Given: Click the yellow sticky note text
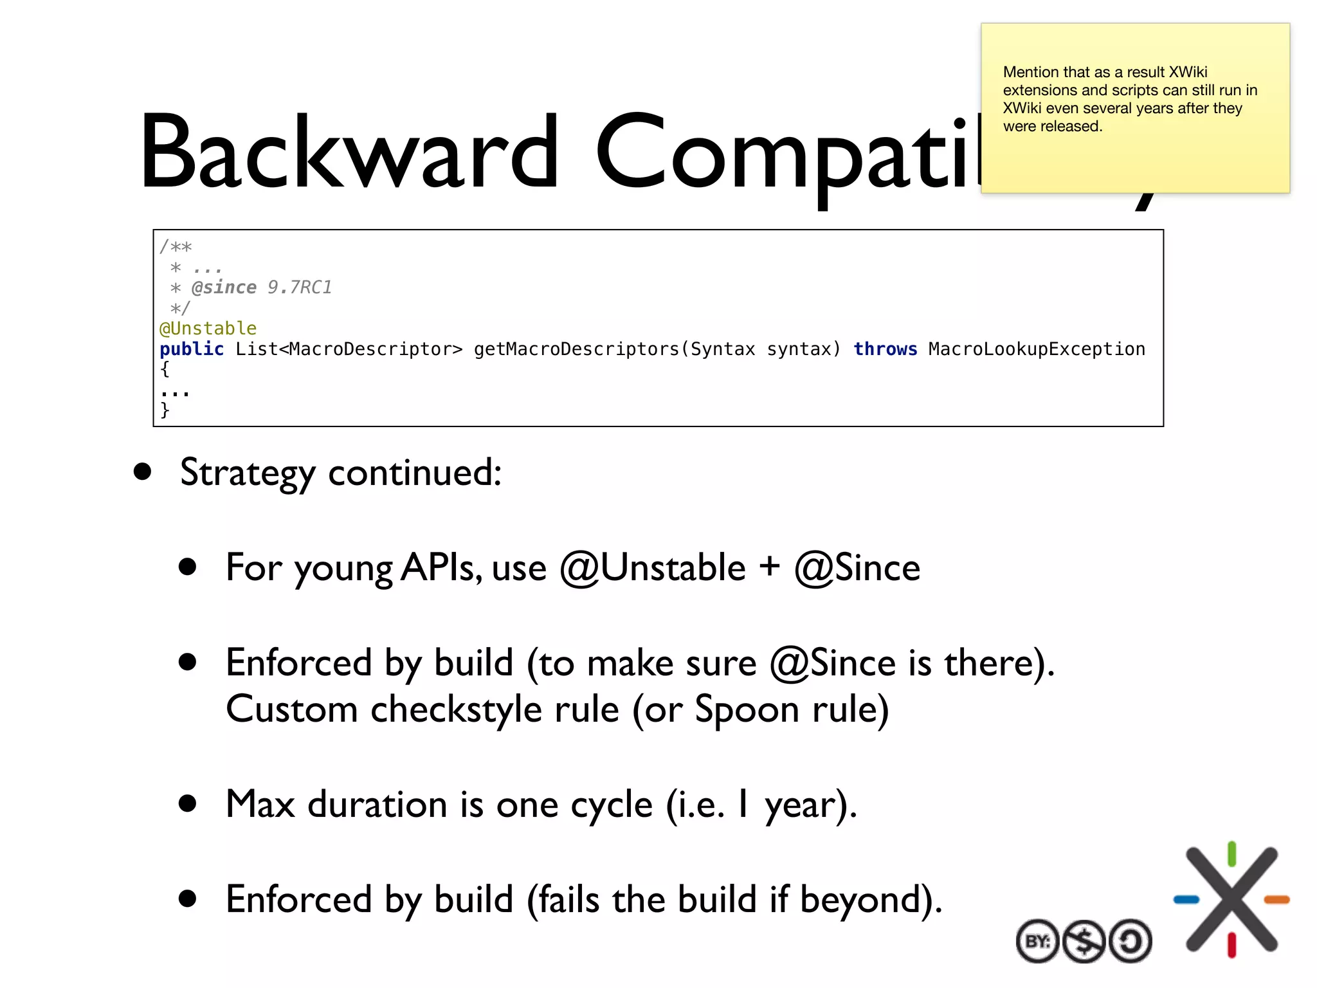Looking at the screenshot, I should coord(1129,99).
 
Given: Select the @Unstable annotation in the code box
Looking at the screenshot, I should coord(208,329).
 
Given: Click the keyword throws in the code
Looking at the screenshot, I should coord(885,349).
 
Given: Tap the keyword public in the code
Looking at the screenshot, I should coord(192,349).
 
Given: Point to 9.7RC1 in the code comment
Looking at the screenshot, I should coord(300,288).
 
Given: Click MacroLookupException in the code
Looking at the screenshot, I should coord(1037,349).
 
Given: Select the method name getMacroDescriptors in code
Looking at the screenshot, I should coord(576,349).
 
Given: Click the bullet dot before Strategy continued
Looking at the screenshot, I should coord(143,471).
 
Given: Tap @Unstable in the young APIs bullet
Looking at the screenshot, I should coord(652,568).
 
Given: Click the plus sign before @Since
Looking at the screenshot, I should coord(769,567).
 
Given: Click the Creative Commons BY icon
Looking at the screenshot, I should coord(1037,942).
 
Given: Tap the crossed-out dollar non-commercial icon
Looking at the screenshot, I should coord(1084,942).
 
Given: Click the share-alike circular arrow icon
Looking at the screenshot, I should coord(1130,942).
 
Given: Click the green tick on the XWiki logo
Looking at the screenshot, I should coord(1231,854).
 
